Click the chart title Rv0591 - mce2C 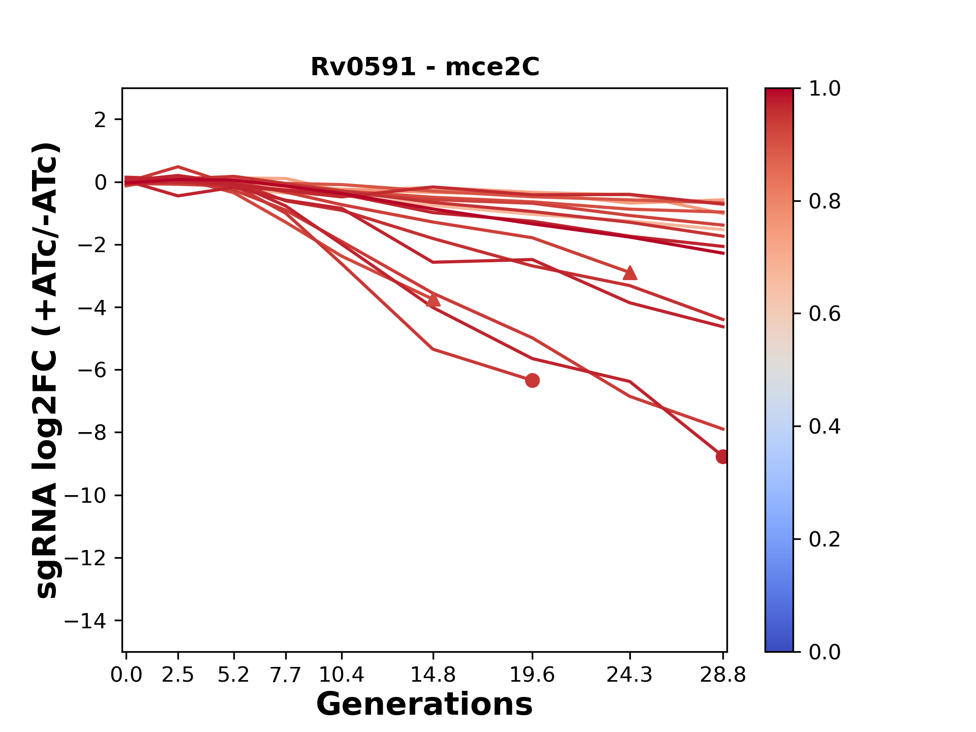tap(424, 67)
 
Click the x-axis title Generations tap(424, 705)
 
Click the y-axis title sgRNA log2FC tap(47, 370)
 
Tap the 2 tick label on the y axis tap(100, 119)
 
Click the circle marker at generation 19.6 tap(532, 380)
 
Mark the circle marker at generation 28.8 tap(722, 456)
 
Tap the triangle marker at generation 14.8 tap(433, 300)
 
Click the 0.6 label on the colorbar tap(825, 314)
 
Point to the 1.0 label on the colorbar tap(825, 88)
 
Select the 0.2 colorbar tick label tap(825, 539)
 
